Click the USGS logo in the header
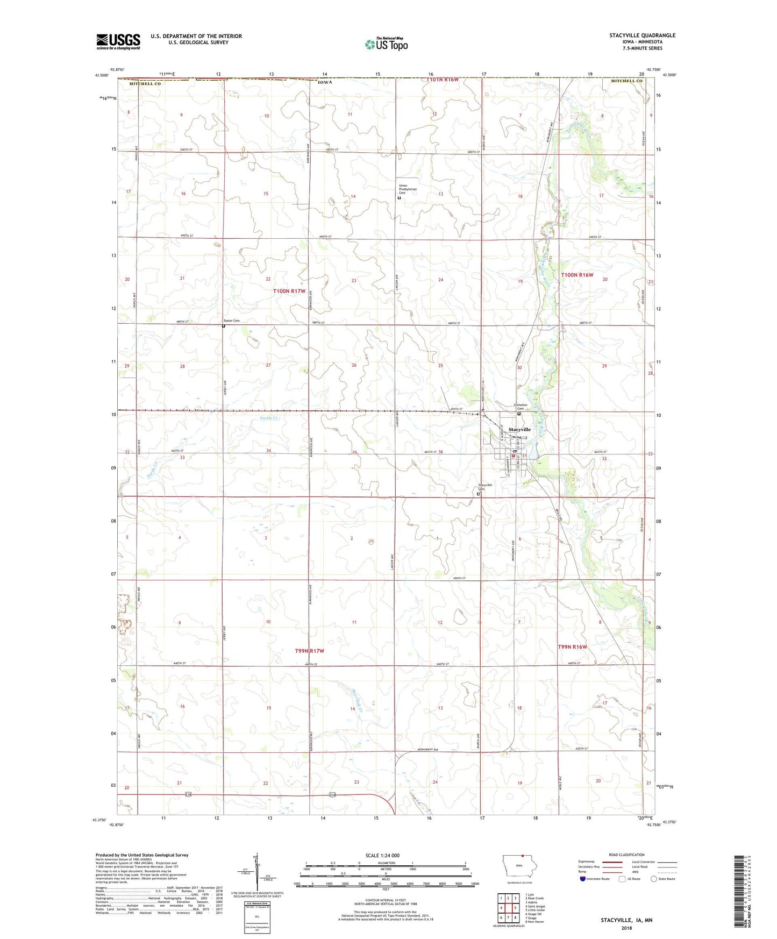tap(118, 41)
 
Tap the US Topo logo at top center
tap(386, 44)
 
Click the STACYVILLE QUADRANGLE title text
tap(642, 35)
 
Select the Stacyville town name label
tap(519, 430)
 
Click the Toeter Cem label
tap(231, 321)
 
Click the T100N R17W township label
tap(289, 291)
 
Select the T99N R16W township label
tap(572, 647)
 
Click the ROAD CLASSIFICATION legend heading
tap(626, 855)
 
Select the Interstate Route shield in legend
tap(583, 879)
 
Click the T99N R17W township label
tap(310, 651)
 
